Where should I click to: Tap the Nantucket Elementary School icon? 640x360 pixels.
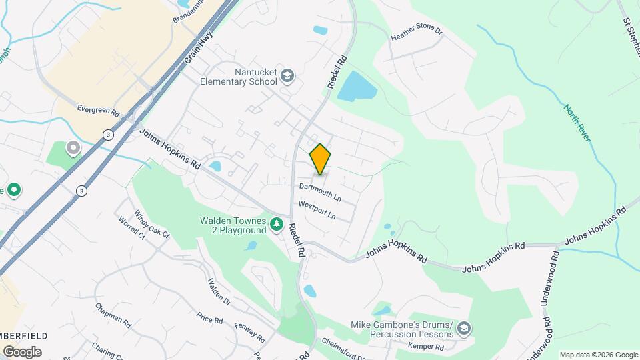point(288,75)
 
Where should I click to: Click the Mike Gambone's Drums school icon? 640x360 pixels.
point(464,329)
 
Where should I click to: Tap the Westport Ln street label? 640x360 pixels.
point(316,211)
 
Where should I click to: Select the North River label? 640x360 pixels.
point(577,123)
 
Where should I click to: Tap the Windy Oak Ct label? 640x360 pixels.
point(152,224)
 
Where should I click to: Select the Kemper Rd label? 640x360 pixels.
point(425,347)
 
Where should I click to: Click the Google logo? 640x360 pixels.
point(22,352)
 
